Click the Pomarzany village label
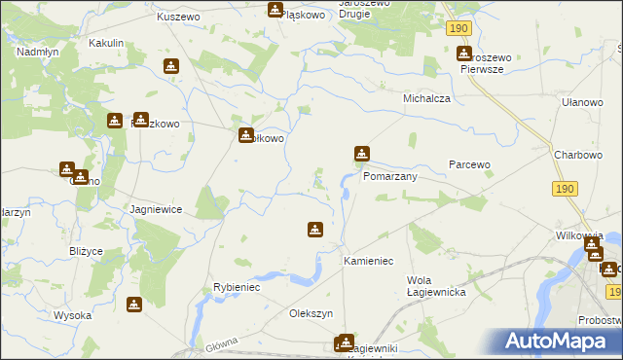(x=389, y=177)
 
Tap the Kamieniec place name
(x=368, y=262)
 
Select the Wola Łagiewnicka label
(x=435, y=286)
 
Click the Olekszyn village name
(x=311, y=313)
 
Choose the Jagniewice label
(x=156, y=209)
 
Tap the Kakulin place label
(x=106, y=44)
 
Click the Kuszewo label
(x=178, y=18)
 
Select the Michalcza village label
(x=425, y=99)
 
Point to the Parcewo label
(x=468, y=164)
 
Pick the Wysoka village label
(x=72, y=315)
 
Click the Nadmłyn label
(x=38, y=52)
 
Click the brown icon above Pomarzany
(x=361, y=153)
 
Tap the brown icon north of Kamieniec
(x=315, y=230)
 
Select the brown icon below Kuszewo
(x=171, y=66)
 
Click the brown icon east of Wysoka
(x=134, y=305)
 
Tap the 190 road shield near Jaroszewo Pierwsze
(x=460, y=29)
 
